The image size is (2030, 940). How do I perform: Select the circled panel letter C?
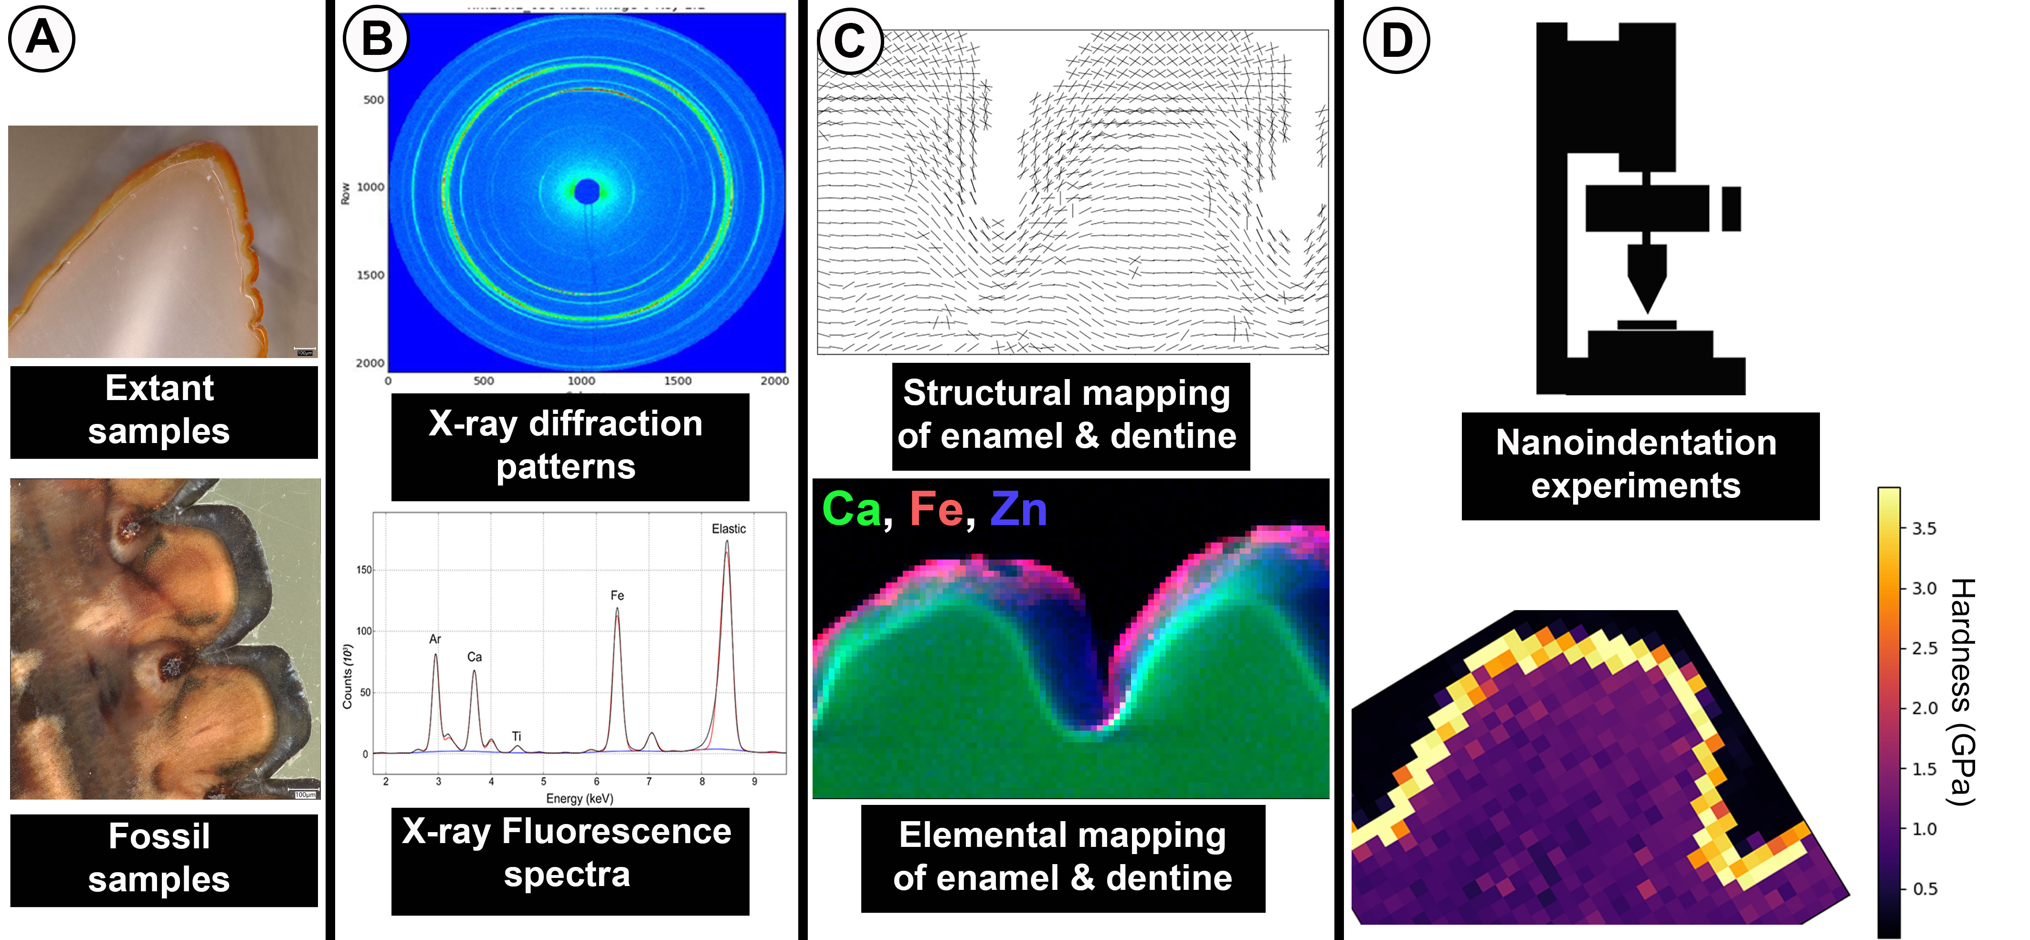[849, 41]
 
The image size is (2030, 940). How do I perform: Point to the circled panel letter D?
[1396, 41]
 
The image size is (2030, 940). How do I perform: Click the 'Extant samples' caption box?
[163, 411]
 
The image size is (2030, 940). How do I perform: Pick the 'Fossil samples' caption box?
[163, 859]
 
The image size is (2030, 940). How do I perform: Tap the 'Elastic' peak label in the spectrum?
[728, 528]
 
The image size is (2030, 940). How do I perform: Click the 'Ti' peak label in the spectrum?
[516, 736]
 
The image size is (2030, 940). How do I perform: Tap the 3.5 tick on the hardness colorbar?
[1924, 528]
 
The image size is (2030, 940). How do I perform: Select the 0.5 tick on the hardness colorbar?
[1924, 889]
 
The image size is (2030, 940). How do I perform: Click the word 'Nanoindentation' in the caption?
[1636, 443]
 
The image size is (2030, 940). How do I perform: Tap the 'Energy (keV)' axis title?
[579, 798]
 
